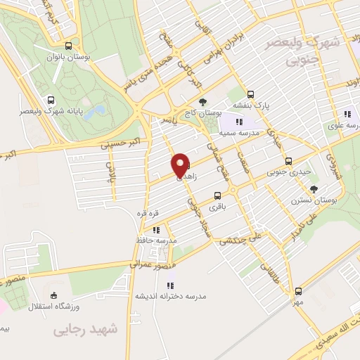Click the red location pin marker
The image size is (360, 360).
(181, 165)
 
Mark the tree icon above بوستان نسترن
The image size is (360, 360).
(314, 188)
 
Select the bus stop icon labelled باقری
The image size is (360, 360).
(217, 196)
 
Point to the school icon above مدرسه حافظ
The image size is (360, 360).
(155, 229)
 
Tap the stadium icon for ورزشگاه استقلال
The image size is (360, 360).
(56, 296)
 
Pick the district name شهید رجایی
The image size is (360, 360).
(89, 329)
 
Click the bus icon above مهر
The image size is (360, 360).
(298, 290)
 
